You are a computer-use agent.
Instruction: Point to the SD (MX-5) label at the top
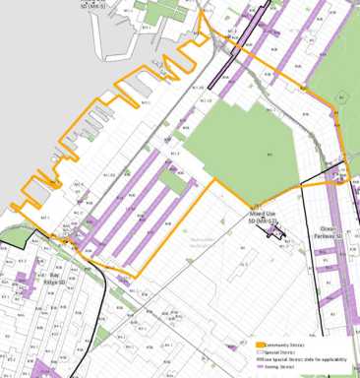(x=93, y=4)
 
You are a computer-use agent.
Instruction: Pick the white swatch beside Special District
(x=261, y=352)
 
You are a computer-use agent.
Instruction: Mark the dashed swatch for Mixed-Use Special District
(x=261, y=359)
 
